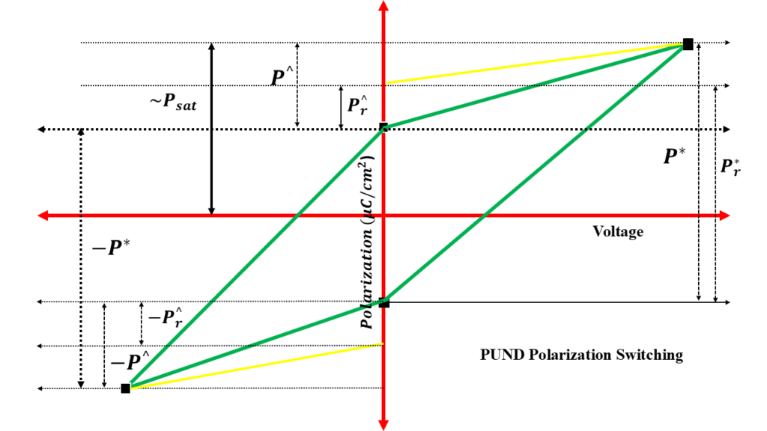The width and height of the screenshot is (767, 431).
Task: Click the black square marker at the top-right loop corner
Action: coord(688,44)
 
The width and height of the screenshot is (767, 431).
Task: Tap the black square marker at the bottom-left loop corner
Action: coord(126,388)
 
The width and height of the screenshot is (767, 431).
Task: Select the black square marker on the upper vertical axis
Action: coord(383,127)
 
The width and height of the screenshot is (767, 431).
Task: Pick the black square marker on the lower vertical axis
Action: coord(384,302)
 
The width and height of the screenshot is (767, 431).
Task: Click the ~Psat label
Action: coord(172,104)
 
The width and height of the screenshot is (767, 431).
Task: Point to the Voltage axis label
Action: coord(618,232)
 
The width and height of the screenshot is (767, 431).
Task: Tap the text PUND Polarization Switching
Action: coord(581,355)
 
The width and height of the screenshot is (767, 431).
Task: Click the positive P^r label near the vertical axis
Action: coord(357,103)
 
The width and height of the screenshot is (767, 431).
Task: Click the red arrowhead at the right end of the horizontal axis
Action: coord(726,216)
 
